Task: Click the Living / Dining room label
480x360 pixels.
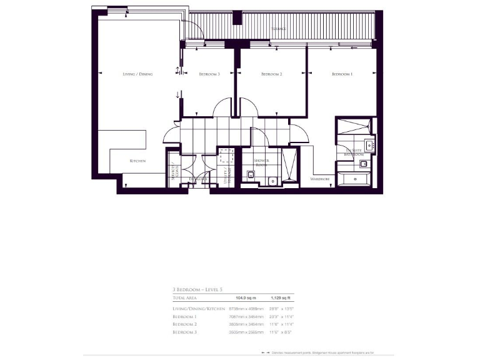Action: point(137,74)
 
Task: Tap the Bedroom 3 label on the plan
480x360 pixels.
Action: point(209,74)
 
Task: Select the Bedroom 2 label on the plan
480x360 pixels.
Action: point(272,74)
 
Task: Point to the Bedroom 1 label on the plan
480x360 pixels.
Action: point(342,74)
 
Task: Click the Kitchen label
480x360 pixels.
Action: point(137,161)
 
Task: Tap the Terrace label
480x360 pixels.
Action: point(279,29)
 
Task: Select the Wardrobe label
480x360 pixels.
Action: point(320,179)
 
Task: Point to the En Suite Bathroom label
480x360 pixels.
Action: point(355,152)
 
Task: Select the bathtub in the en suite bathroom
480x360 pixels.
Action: point(357,181)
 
